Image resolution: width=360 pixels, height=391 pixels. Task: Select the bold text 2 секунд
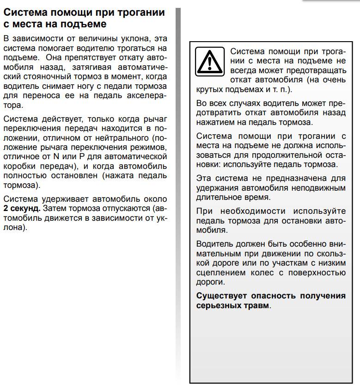22,209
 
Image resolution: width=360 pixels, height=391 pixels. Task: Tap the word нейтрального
121,138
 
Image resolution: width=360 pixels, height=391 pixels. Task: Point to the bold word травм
257,305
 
